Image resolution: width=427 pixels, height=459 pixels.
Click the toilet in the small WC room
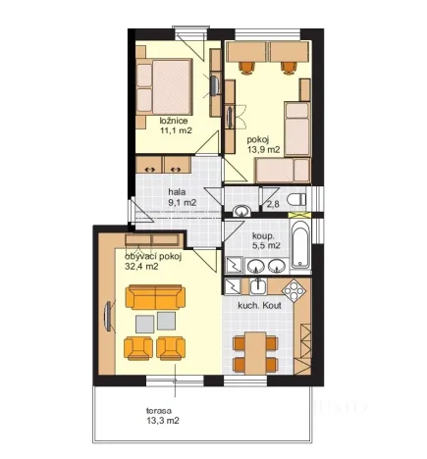point(296,199)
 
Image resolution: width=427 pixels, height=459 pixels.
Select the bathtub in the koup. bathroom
point(300,245)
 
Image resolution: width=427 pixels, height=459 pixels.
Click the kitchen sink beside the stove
point(258,286)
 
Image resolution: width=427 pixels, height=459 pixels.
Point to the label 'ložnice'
point(174,121)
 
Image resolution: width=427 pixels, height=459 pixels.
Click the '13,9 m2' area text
point(263,150)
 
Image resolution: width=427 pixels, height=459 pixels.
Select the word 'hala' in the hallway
point(176,191)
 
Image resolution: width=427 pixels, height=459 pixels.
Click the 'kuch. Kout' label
point(259,306)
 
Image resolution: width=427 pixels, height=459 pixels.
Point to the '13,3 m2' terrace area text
point(163,421)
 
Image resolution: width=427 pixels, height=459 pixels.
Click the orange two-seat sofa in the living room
point(155,297)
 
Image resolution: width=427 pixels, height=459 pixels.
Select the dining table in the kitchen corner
point(255,353)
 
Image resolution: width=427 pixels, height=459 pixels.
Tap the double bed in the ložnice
point(164,86)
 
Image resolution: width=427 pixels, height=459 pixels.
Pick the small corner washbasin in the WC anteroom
point(241,211)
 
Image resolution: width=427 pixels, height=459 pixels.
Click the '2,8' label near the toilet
point(273,205)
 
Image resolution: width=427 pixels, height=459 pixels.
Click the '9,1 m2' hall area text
point(183,202)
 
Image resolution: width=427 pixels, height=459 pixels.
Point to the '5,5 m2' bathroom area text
point(266,245)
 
